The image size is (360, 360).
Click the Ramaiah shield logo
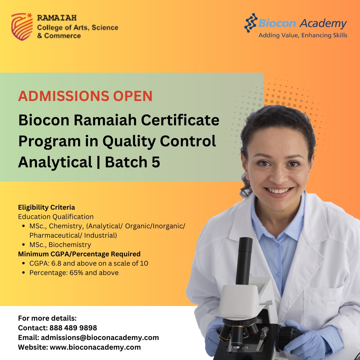click(x=22, y=27)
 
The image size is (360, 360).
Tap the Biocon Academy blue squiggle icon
click(x=250, y=23)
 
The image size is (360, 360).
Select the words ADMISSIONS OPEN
click(x=85, y=96)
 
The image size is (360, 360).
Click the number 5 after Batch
click(x=156, y=162)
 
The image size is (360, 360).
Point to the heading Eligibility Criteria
click(x=46, y=207)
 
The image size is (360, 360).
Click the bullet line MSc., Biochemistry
click(x=60, y=245)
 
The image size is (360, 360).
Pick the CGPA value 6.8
click(x=56, y=263)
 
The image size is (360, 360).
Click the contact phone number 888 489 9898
click(x=73, y=328)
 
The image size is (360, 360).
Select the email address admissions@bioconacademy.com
click(x=100, y=338)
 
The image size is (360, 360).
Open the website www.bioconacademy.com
click(x=95, y=347)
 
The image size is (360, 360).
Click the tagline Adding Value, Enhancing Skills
click(x=303, y=35)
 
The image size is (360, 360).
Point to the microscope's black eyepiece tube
click(x=244, y=261)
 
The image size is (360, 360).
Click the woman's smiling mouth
click(x=278, y=191)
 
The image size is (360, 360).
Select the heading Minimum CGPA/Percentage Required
click(x=79, y=254)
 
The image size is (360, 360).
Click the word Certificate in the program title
click(x=180, y=120)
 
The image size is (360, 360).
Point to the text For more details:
click(x=47, y=318)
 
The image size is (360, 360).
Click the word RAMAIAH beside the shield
click(x=57, y=18)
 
